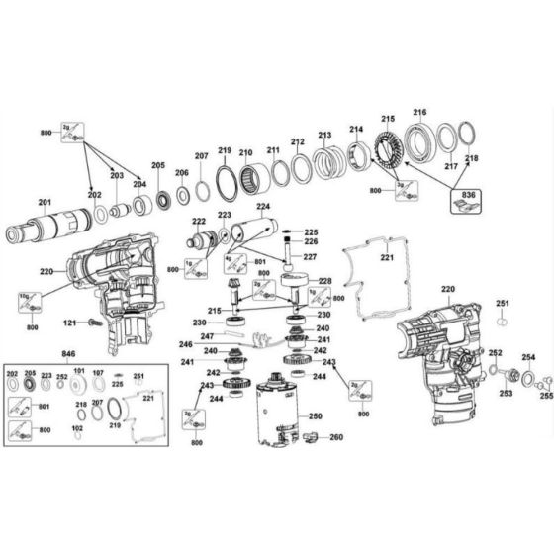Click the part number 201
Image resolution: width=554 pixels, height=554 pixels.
click(x=45, y=203)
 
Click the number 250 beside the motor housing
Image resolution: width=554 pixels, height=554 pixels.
click(x=315, y=416)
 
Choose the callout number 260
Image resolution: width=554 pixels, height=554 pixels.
click(x=336, y=438)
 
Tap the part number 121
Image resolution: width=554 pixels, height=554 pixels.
click(x=70, y=323)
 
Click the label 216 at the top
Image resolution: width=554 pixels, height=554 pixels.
click(x=419, y=113)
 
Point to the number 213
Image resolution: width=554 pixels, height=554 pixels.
click(x=324, y=135)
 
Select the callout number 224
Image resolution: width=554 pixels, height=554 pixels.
click(x=263, y=208)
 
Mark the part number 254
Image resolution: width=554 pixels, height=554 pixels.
click(x=528, y=357)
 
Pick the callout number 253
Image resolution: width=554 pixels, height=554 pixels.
click(x=506, y=393)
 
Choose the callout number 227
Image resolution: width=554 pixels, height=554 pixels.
click(x=310, y=257)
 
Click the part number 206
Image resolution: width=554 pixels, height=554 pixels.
click(x=182, y=173)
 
